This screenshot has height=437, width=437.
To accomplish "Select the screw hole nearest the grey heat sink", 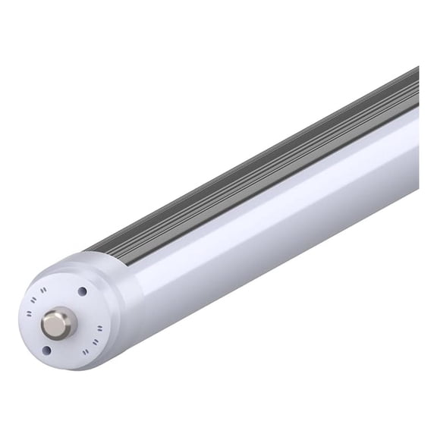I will coord(82,291).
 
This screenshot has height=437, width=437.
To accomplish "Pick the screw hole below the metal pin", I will coord(46,350).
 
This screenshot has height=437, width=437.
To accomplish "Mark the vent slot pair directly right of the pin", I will coord(99,329).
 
